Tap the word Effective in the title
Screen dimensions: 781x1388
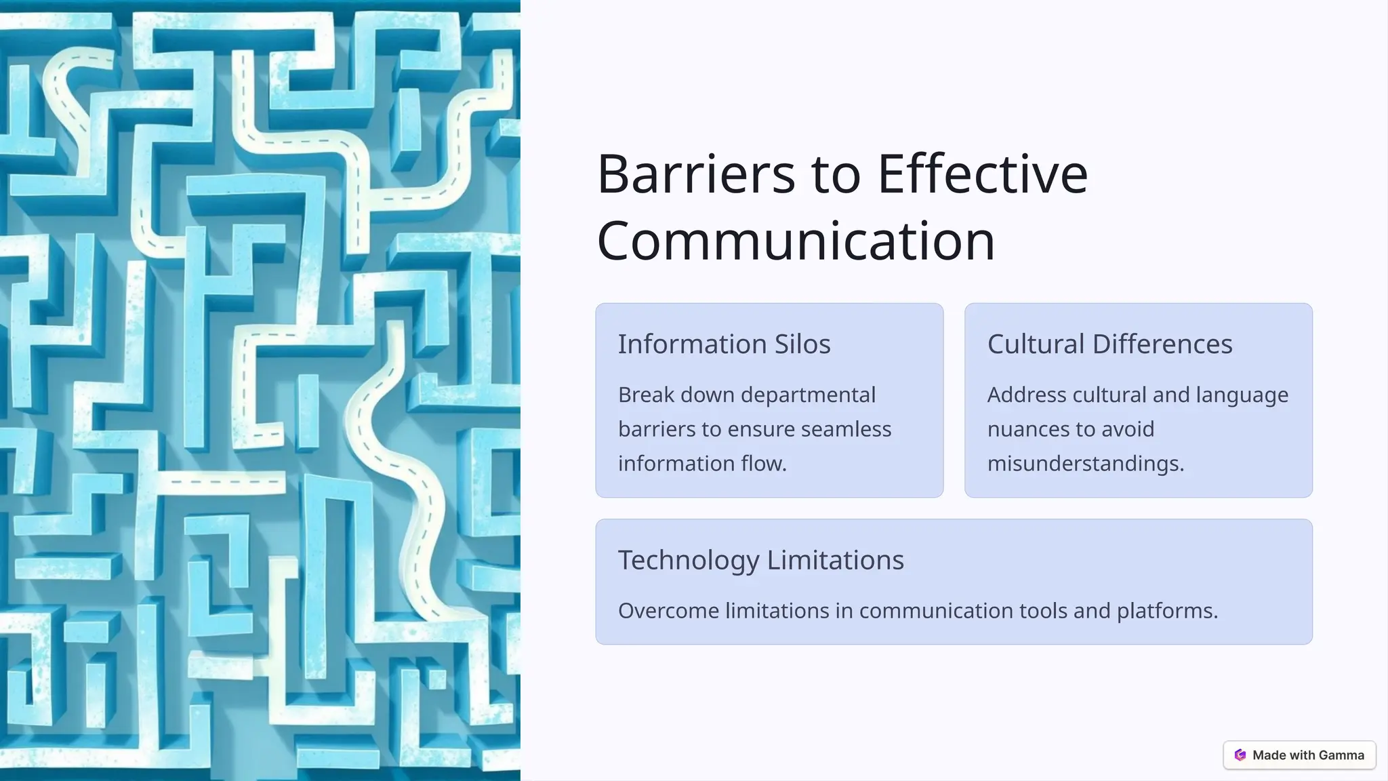pos(983,174)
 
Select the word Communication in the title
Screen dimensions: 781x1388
pos(796,241)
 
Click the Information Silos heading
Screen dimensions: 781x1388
pos(724,344)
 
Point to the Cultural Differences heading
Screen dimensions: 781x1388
pos(1109,344)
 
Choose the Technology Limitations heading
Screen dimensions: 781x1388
pos(760,560)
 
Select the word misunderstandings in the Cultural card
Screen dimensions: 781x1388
pos(1085,464)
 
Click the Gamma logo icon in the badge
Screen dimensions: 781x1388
pos(1240,755)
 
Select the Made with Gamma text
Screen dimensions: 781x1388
pos(1308,755)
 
